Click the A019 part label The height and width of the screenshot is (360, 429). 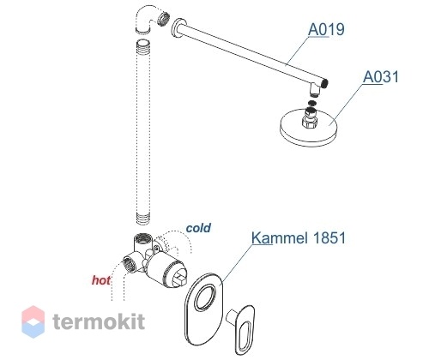point(326,29)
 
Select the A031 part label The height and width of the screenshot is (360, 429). point(381,76)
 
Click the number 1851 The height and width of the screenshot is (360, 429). point(329,237)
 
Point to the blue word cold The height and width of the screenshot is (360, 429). point(198,228)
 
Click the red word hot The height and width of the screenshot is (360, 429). point(100,280)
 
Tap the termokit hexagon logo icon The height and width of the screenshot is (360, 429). point(33,321)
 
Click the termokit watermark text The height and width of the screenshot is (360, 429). point(99,321)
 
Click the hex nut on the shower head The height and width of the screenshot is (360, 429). point(310,123)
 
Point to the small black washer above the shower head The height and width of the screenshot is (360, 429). point(312,103)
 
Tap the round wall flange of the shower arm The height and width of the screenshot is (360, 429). point(178,28)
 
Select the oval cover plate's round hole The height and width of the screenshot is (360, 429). point(205,297)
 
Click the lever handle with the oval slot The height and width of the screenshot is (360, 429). point(242,328)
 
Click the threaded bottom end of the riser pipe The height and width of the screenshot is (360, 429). point(143,218)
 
